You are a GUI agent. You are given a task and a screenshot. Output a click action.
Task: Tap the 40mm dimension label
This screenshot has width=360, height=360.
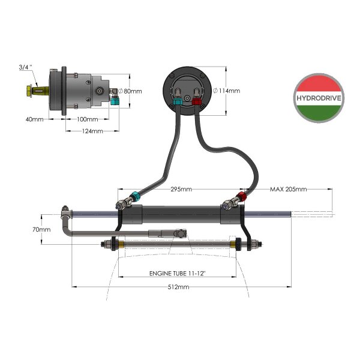pos(34,119)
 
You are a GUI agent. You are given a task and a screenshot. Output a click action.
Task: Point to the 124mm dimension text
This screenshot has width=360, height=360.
pos(92,130)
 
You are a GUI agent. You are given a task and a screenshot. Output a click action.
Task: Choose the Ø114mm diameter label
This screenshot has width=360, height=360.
pos(227,91)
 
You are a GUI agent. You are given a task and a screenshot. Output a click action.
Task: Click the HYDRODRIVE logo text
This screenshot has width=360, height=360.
pos(319,99)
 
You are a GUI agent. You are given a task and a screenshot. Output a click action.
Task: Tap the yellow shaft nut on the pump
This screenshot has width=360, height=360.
pos(30,92)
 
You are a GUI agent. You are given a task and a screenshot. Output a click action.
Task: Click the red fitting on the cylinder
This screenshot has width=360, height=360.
pos(240,197)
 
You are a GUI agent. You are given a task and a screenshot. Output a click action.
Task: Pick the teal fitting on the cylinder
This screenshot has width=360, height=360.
pos(136,197)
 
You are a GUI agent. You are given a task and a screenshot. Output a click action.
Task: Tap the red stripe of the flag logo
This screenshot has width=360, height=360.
pos(319,83)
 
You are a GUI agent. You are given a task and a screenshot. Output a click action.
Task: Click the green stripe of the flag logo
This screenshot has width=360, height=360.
pos(319,113)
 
